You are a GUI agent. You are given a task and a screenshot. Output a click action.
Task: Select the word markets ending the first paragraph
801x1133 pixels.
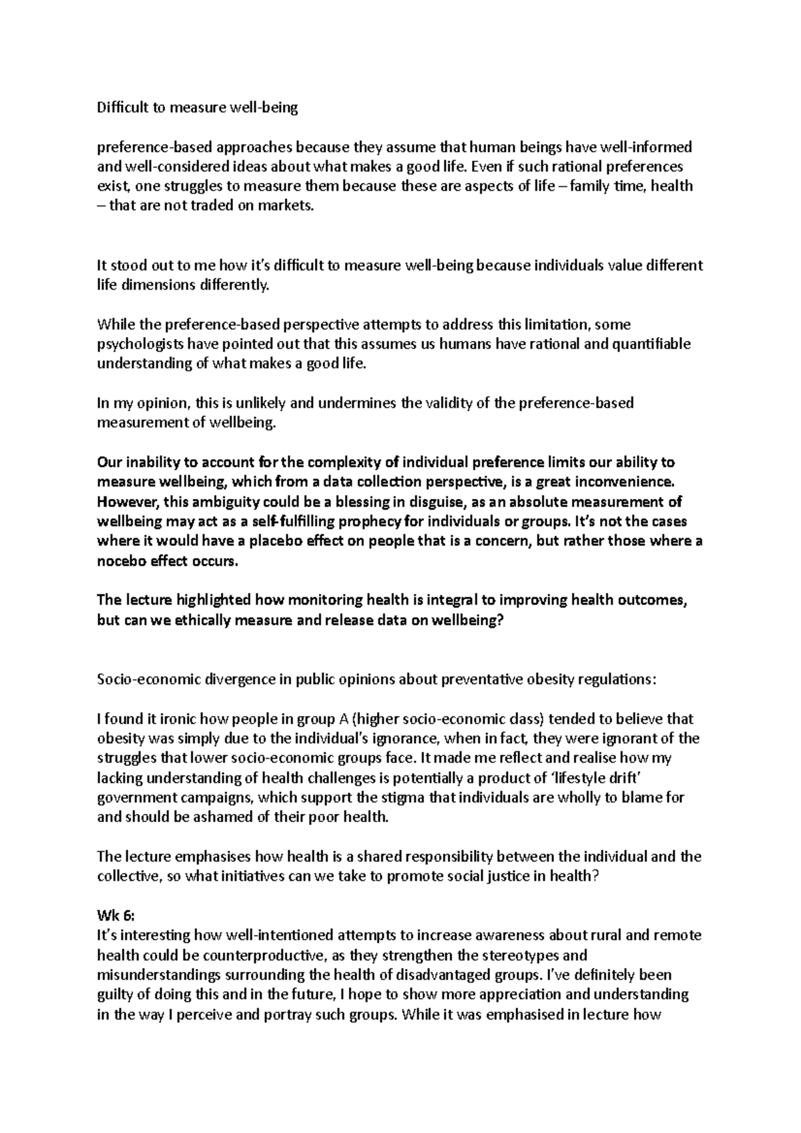click(288, 206)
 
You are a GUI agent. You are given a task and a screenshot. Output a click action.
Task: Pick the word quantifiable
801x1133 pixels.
click(651, 344)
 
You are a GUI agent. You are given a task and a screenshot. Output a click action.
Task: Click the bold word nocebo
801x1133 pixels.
click(121, 561)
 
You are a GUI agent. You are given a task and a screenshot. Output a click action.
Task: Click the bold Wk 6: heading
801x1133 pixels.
click(115, 915)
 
